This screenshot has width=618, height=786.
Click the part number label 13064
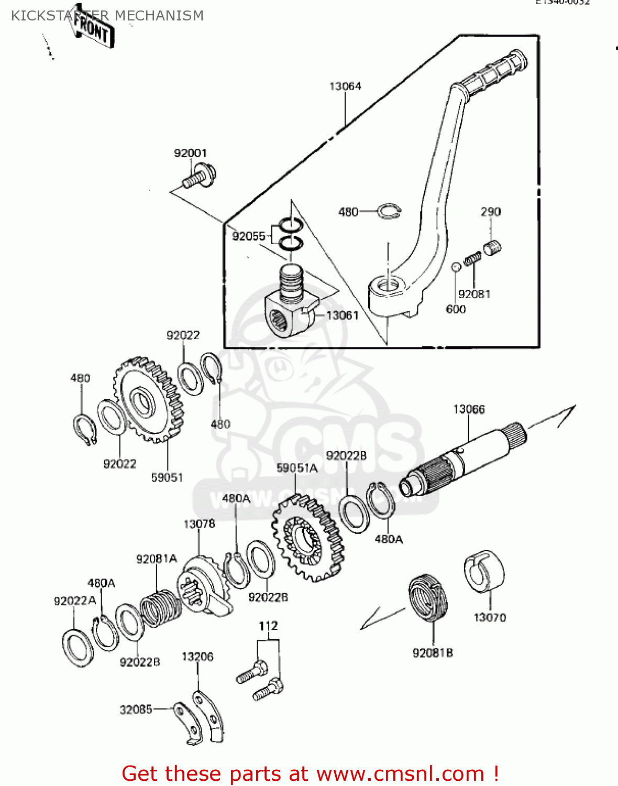[345, 86]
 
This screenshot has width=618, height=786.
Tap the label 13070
[490, 617]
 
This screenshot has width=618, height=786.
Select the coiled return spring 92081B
[428, 597]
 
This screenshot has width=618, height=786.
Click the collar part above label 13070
[484, 571]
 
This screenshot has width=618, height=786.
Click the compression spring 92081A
[160, 608]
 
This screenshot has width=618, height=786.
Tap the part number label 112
[268, 626]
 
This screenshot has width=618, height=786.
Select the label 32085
[136, 709]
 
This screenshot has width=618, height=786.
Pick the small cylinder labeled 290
[492, 247]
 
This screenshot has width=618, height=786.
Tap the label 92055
[249, 236]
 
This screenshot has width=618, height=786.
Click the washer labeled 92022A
[78, 648]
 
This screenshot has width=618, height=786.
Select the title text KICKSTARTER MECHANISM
[107, 16]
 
